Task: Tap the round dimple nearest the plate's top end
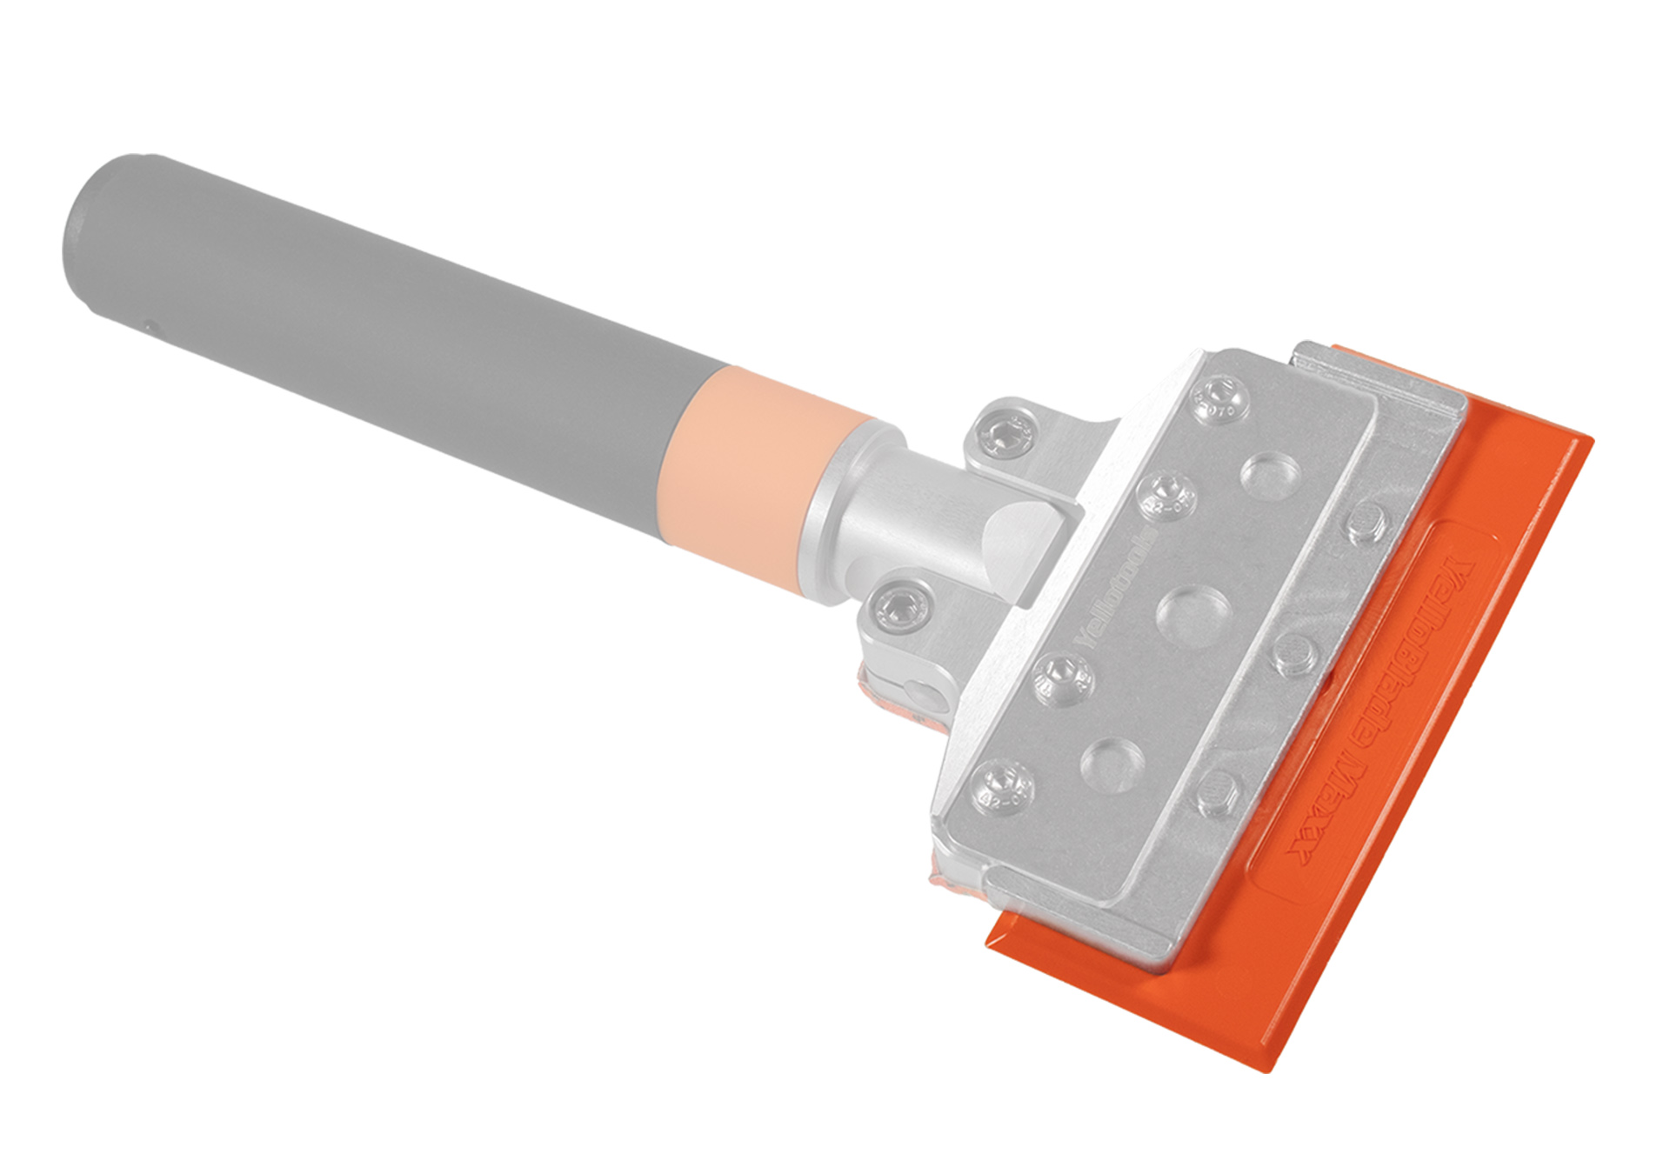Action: tap(1270, 475)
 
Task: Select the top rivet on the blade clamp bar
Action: tap(1365, 527)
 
